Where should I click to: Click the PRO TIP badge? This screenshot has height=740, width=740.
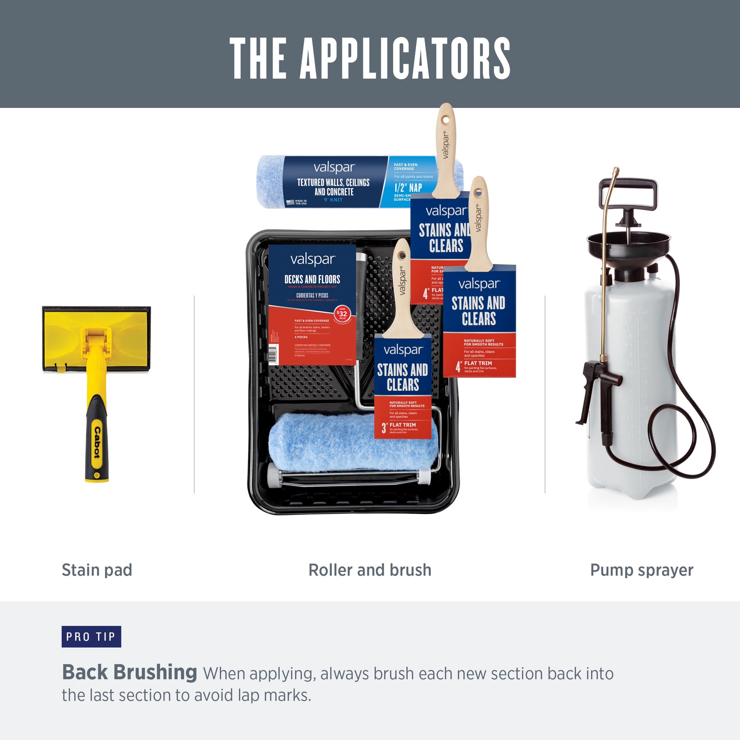point(91,636)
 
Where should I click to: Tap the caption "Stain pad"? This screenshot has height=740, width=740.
point(97,570)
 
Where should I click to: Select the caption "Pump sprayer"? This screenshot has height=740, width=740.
point(641,570)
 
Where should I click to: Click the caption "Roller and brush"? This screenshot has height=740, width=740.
point(370,570)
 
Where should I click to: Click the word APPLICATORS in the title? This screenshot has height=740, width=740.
point(405,59)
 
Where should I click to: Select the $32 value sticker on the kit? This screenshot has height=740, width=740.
point(342,314)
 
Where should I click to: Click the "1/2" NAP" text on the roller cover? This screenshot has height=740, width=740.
point(408,188)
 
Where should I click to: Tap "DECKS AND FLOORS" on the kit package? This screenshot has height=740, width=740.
point(312,279)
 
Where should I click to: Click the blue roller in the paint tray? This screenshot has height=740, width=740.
point(347,443)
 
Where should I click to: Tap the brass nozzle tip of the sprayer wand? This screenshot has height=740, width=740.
point(616,171)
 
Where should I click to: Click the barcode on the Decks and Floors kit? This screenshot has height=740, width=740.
point(272,353)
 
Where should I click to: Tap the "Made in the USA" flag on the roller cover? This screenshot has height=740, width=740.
point(290,202)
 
